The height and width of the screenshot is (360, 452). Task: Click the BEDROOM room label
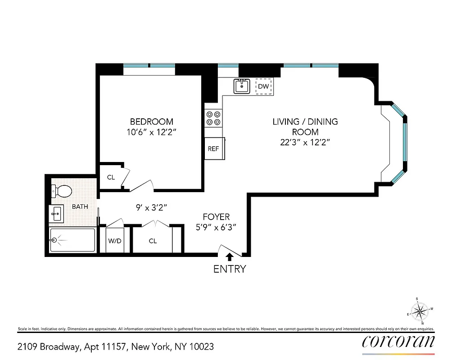151,121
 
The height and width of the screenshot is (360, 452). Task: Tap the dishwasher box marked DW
263,86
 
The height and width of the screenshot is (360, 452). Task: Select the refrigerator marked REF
213,149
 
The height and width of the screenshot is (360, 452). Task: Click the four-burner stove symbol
213,118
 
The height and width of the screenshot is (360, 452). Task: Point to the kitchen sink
242,85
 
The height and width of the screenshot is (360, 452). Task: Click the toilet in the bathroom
62,191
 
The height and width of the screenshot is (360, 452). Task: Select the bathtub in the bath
72,240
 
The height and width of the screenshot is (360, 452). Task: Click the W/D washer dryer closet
114,241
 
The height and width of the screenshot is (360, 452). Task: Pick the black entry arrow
230,257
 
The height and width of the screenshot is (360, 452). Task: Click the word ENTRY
230,269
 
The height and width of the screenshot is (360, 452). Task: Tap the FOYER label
216,217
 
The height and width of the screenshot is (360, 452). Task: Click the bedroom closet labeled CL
111,177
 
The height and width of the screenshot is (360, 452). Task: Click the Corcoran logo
398,342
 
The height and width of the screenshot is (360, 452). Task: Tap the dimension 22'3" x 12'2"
305,143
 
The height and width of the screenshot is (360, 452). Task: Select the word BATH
80,207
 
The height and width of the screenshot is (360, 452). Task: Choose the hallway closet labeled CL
153,241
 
